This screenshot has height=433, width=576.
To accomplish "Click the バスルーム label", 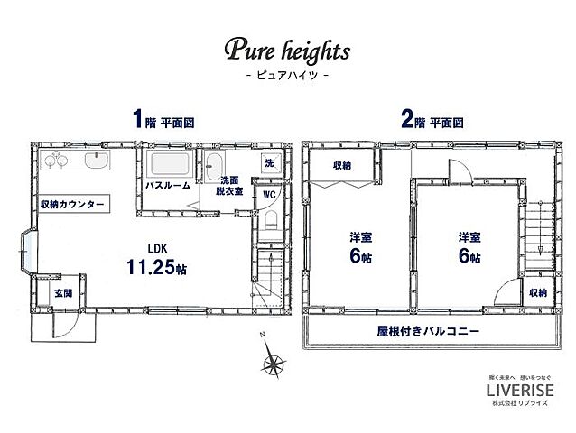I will pos(168,186).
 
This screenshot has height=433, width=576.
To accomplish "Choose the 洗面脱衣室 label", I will pos(227,184).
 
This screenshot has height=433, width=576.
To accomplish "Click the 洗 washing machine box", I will pos(268,162).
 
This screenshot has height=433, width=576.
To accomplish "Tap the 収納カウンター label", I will pos(73,205).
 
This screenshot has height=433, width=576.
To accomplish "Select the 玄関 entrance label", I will pos(60,293).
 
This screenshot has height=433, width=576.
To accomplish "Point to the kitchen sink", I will pos(94,163).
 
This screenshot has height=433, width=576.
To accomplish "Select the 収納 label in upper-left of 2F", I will pos(341,165).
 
